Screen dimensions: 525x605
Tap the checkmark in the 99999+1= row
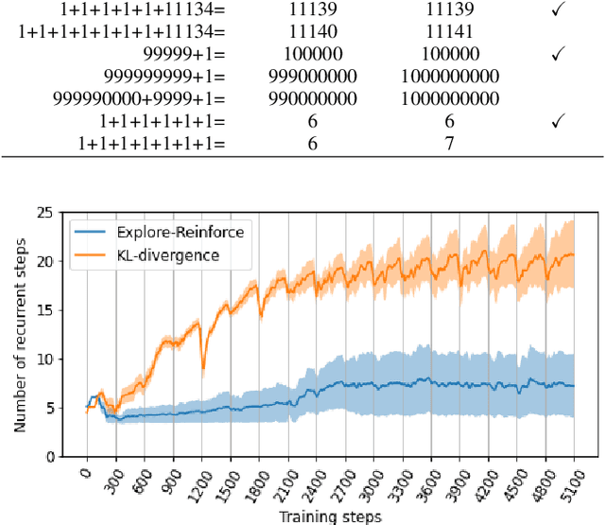(557, 55)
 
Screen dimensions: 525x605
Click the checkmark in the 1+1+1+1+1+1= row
(557, 121)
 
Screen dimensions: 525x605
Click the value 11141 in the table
(449, 32)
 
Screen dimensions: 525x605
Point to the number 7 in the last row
(449, 144)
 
